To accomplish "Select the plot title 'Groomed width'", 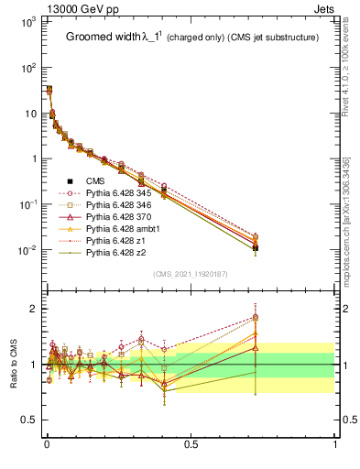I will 104,38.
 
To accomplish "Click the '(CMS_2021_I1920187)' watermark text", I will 191,274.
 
